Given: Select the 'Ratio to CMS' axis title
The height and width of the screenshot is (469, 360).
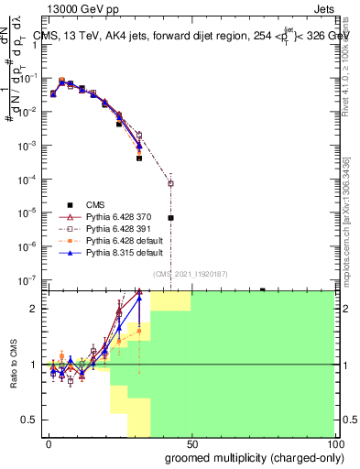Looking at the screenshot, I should pos(14,365).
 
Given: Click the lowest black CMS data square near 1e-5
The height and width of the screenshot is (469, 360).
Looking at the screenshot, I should pos(170,218).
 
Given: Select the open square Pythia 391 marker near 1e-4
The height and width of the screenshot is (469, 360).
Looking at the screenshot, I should pos(170,183).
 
